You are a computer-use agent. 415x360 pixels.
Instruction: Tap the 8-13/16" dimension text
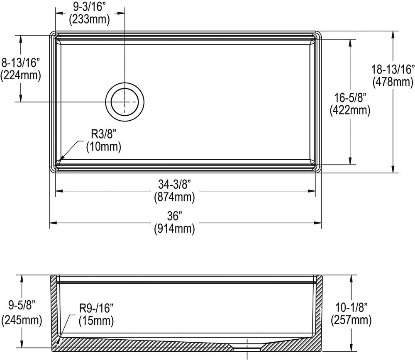tap(20, 63)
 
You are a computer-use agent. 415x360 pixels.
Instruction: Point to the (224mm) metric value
tap(20, 75)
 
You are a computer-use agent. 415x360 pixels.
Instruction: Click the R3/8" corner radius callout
tap(103, 134)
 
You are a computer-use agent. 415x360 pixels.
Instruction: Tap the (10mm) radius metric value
tap(103, 146)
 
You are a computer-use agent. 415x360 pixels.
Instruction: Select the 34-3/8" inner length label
tap(175, 185)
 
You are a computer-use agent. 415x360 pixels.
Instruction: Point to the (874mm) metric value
tap(175, 197)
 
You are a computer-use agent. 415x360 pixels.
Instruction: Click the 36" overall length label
tap(175, 216)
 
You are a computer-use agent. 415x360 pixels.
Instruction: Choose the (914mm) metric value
tap(175, 229)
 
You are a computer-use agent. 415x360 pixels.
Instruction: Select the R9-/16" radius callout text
tap(96, 308)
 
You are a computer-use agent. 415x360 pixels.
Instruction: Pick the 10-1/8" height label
tap(351, 307)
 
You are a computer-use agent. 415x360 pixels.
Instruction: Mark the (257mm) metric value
tap(351, 320)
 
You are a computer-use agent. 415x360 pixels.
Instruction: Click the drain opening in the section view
tap(247, 345)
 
